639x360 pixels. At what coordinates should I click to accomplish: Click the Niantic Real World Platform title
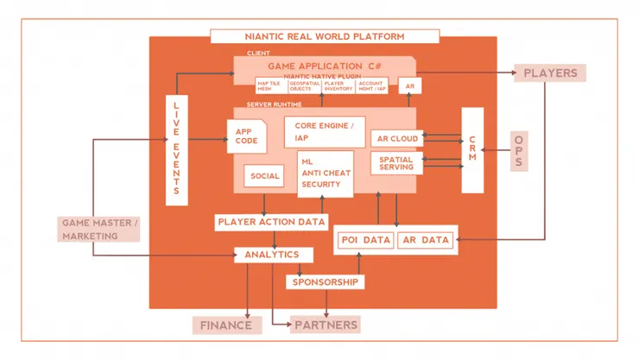point(325,36)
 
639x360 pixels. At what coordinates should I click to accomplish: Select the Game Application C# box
point(325,66)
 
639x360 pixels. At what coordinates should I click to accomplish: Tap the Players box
point(550,73)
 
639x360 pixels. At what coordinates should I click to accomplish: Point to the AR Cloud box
point(397,138)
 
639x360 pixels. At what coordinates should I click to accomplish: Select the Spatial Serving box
point(396,162)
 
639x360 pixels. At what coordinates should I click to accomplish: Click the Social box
point(265,176)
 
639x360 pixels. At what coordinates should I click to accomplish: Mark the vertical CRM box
point(472,150)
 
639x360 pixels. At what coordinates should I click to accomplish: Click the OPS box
point(518,151)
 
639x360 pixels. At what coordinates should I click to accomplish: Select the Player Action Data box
point(272,222)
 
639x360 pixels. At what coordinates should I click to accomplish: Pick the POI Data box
point(366,240)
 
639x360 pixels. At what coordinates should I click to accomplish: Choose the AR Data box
point(426,240)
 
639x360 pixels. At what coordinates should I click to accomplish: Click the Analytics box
point(272,255)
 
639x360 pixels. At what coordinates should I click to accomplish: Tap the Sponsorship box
point(325,282)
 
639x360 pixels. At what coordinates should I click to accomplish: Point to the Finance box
point(226,325)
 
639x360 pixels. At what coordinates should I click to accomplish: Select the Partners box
point(326,325)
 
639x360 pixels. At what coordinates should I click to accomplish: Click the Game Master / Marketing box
point(99,229)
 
